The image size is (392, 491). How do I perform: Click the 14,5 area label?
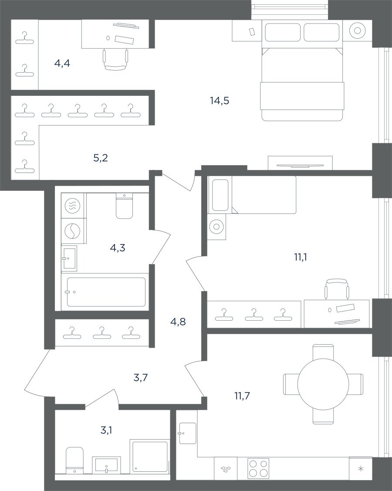[x=220, y=101]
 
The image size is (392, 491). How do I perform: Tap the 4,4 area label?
[x=62, y=64]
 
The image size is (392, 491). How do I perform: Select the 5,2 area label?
[x=101, y=158]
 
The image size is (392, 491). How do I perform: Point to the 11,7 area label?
[x=242, y=396]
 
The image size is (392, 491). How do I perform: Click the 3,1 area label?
[x=106, y=430]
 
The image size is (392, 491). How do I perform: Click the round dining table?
[x=323, y=384]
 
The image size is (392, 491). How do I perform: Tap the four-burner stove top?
[x=258, y=468]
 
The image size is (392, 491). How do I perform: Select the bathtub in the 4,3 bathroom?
[x=106, y=292]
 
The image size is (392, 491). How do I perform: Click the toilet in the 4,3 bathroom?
[x=124, y=206]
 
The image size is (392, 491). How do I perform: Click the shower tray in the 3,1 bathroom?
[x=150, y=456]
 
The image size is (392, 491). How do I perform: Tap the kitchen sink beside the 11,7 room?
[x=188, y=433]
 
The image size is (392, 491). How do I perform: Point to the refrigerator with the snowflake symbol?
[x=361, y=468]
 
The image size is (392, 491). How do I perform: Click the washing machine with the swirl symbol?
[x=72, y=231]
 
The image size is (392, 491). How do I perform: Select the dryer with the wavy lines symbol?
[x=72, y=206]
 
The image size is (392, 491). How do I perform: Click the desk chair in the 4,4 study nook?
[x=115, y=60]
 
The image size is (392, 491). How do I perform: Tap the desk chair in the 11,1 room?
[x=337, y=289]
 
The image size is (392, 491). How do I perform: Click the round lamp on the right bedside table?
[x=357, y=30]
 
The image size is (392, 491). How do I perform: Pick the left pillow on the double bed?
[x=283, y=32]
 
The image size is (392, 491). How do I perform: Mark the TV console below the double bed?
[x=300, y=163]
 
